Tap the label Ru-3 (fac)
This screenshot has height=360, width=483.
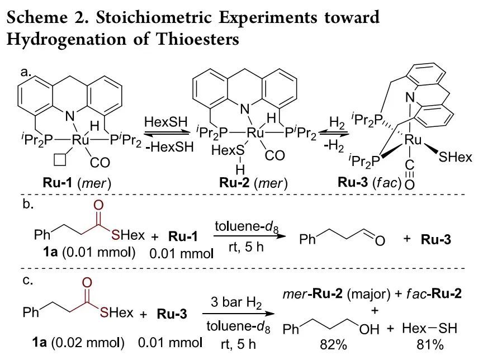370,183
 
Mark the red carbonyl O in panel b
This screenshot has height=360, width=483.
98,205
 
